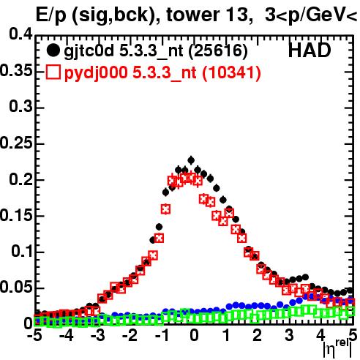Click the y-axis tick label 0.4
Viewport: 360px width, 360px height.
point(20,34)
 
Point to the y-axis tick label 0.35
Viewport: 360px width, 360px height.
point(16,70)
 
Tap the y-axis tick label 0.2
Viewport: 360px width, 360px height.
point(20,179)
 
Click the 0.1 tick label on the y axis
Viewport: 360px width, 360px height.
point(22,251)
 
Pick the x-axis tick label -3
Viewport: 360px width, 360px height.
point(98,335)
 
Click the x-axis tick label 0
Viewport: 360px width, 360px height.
point(194,335)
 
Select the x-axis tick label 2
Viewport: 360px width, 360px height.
point(258,335)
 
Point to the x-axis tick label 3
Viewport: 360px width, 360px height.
point(289,335)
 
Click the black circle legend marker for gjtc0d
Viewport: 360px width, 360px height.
point(53,50)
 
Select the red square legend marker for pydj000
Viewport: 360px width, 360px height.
point(53,72)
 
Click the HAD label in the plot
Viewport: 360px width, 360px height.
point(310,50)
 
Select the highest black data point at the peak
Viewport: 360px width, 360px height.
point(191,160)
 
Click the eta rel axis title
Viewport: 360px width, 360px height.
point(337,348)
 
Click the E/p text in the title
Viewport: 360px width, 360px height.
point(51,15)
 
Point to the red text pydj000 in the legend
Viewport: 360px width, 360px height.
point(96,73)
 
